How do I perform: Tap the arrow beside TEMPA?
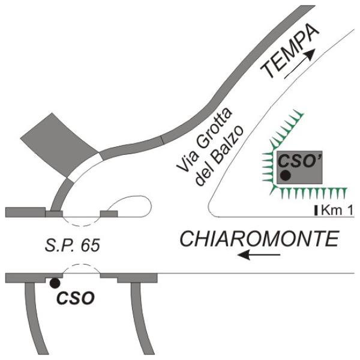click(x=299, y=64)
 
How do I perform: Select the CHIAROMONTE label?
click(x=259, y=239)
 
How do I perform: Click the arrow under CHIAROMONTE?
click(x=259, y=254)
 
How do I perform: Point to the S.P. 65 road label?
click(x=73, y=245)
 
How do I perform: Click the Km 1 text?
click(x=337, y=210)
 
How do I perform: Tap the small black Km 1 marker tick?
click(x=316, y=211)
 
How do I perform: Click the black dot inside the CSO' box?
click(x=286, y=175)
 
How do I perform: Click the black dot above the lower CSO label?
click(x=55, y=283)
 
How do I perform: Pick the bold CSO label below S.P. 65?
click(x=76, y=298)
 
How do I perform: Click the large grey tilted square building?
click(x=59, y=145)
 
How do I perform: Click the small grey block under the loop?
click(x=109, y=214)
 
